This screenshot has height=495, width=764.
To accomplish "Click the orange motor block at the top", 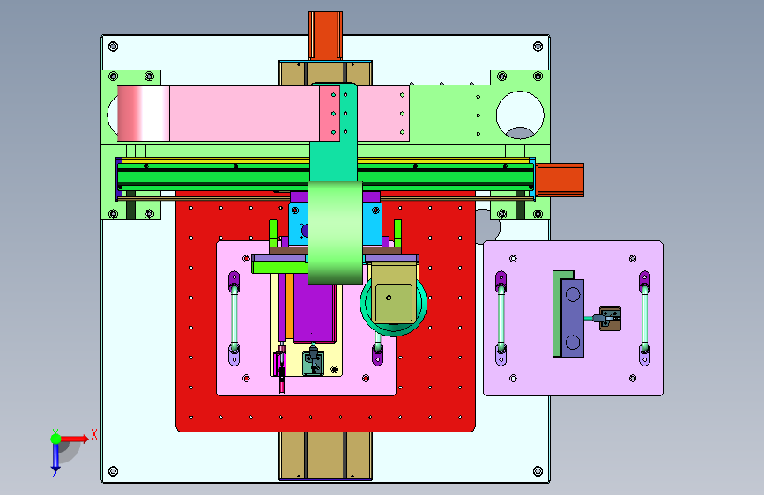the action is click(325, 35).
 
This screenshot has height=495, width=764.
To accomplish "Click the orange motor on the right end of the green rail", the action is click(560, 181).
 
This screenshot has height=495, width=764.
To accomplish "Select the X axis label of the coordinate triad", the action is click(94, 434).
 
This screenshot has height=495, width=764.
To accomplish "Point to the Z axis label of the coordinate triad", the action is click(56, 473).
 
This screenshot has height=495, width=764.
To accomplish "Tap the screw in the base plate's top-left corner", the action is click(113, 47).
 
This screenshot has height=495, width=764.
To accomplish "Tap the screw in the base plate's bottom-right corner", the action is click(538, 471).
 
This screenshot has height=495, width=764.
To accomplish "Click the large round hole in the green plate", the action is click(520, 115).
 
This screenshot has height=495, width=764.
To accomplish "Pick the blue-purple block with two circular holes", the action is click(573, 318).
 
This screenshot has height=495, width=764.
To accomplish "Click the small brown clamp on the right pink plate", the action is click(610, 318).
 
